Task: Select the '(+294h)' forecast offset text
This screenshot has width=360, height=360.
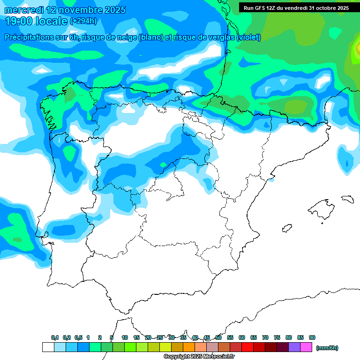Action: tap(83, 21)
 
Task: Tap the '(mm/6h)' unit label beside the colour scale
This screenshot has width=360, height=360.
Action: tap(327, 348)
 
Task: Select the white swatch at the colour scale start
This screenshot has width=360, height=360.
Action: tap(48, 347)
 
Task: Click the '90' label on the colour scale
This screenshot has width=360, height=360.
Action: tap(312, 337)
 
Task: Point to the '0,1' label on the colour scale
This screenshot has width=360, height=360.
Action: tap(55, 337)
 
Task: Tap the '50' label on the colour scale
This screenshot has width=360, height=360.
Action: tap(218, 337)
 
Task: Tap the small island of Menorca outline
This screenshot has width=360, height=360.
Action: tap(347, 199)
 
